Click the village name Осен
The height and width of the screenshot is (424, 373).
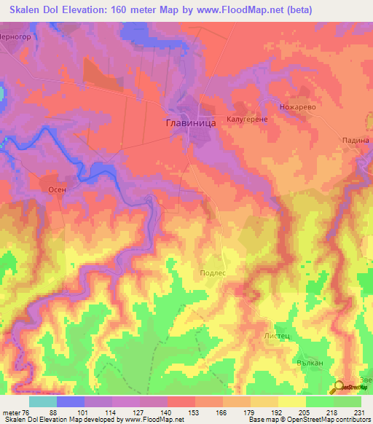click(58, 189)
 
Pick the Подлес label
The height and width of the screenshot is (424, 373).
click(213, 272)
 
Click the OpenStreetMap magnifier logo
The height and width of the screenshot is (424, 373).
click(339, 388)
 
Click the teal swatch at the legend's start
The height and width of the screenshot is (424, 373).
click(42, 401)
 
